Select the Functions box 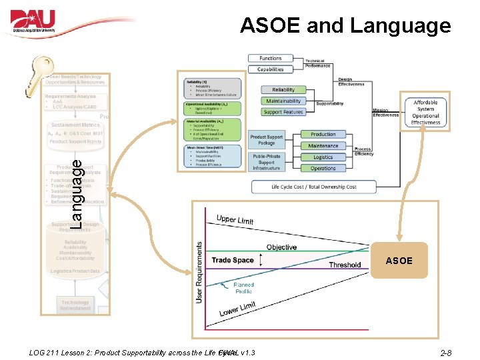271,59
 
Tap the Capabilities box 271,69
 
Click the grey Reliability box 279,90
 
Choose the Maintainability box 283,101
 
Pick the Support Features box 283,112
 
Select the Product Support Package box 267,140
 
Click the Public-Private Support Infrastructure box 267,162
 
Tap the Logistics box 323,157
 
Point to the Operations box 323,169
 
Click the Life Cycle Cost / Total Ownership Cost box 313,187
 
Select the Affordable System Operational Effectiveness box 425,113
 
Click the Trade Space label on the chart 233,260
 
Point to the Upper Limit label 235,220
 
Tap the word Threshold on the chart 345,265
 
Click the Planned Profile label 243,288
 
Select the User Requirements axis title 199,272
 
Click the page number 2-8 446,353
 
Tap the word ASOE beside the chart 399,261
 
